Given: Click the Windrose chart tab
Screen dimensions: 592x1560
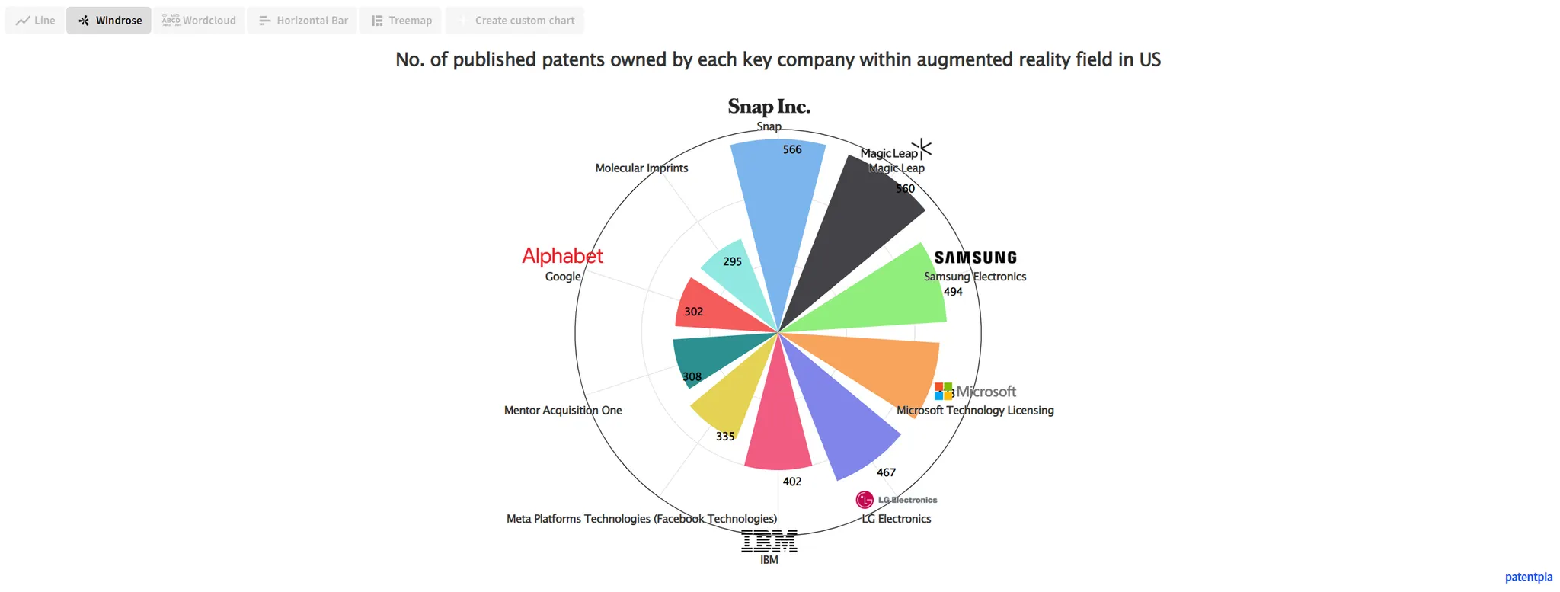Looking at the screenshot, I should (x=109, y=21).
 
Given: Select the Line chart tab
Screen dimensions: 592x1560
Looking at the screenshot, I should (x=35, y=21).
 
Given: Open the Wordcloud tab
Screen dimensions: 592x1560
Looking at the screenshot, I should (x=200, y=21).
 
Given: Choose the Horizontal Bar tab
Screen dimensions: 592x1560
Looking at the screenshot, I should (x=302, y=21).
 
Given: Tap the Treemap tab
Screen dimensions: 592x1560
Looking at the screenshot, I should (x=401, y=21).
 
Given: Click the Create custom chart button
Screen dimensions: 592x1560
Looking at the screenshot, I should (x=515, y=21).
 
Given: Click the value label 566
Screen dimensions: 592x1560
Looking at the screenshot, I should (x=792, y=149).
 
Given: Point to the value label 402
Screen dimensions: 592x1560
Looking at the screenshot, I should (x=792, y=482).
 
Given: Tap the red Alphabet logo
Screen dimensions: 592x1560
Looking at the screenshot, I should (x=562, y=256).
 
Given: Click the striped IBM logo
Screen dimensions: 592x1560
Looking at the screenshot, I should (x=769, y=541).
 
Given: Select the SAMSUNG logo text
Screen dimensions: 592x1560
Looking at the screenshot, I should (x=976, y=258).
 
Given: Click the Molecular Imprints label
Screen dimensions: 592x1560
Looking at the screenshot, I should (x=641, y=168).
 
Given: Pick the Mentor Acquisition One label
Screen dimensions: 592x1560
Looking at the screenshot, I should (x=563, y=410).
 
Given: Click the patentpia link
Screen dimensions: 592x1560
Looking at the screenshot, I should (x=1528, y=577).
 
